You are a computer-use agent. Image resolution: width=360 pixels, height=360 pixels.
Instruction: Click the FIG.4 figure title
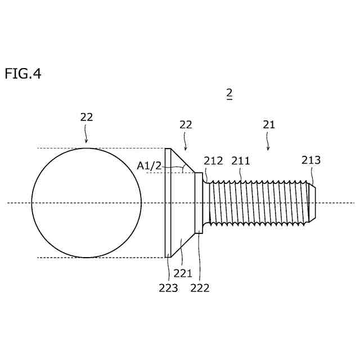(x=23, y=74)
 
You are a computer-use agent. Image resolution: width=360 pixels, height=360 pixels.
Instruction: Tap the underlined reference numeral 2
(x=229, y=93)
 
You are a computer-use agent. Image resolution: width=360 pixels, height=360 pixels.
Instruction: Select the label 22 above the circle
(x=86, y=117)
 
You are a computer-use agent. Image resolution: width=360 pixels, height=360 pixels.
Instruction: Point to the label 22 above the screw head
(x=186, y=125)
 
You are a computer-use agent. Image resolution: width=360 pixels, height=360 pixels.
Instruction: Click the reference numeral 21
(x=269, y=125)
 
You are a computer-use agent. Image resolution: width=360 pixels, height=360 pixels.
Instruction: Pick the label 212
(x=213, y=161)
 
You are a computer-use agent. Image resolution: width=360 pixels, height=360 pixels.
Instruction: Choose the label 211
(x=241, y=161)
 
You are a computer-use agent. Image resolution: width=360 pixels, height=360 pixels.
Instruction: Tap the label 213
(x=310, y=160)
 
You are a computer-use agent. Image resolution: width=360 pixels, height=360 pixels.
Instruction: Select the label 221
(x=183, y=274)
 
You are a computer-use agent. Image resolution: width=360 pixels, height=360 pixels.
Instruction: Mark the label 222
(x=200, y=288)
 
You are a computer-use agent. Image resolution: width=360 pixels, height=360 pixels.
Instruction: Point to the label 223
(x=168, y=288)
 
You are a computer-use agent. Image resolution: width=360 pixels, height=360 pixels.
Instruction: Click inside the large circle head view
(x=87, y=202)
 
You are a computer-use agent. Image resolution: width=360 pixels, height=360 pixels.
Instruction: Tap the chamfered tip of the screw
(x=312, y=202)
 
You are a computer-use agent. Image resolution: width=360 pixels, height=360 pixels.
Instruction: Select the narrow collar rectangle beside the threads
(x=199, y=202)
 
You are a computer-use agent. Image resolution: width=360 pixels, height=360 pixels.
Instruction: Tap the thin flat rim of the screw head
(x=168, y=202)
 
